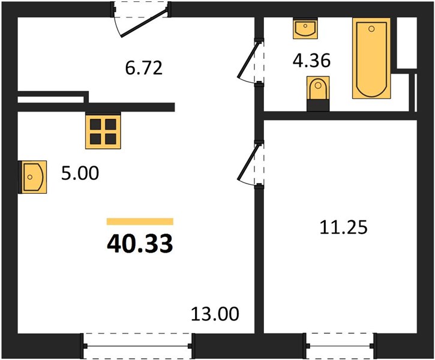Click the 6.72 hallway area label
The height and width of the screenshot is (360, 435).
(x=144, y=68)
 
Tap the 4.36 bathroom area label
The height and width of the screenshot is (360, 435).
(x=311, y=61)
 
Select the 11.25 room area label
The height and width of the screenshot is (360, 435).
(x=343, y=227)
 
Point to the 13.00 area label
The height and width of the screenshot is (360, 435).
(x=215, y=314)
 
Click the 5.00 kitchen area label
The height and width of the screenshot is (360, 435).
(x=80, y=173)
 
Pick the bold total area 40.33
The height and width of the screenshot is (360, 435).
(x=140, y=244)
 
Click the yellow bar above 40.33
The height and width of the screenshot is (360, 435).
(x=140, y=221)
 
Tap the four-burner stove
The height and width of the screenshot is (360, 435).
(x=103, y=131)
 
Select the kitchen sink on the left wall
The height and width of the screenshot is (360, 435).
(x=32, y=177)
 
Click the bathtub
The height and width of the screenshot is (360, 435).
(x=371, y=58)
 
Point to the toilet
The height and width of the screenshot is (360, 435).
(x=318, y=88)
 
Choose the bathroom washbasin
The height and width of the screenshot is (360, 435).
(x=305, y=28)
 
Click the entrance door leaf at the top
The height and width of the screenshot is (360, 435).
(x=144, y=23)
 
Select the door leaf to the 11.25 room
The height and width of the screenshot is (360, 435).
(x=249, y=161)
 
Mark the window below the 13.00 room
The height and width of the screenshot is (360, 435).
(x=137, y=346)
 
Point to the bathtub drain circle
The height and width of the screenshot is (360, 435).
(x=371, y=29)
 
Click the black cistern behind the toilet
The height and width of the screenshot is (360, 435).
(x=318, y=106)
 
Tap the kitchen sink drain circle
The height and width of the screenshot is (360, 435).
(x=30, y=177)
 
